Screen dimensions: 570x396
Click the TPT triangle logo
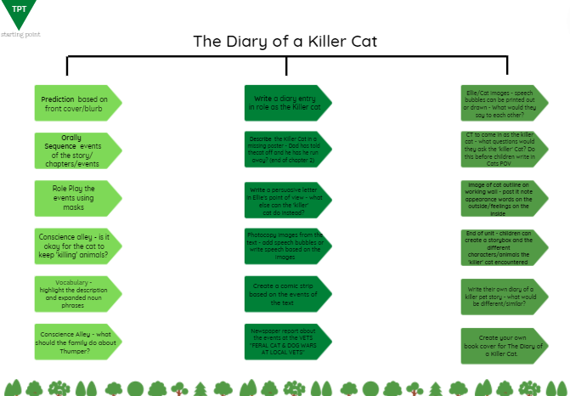click(19, 13)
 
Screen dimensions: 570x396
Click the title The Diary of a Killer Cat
click(285, 41)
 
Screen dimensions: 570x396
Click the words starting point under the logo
click(20, 34)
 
